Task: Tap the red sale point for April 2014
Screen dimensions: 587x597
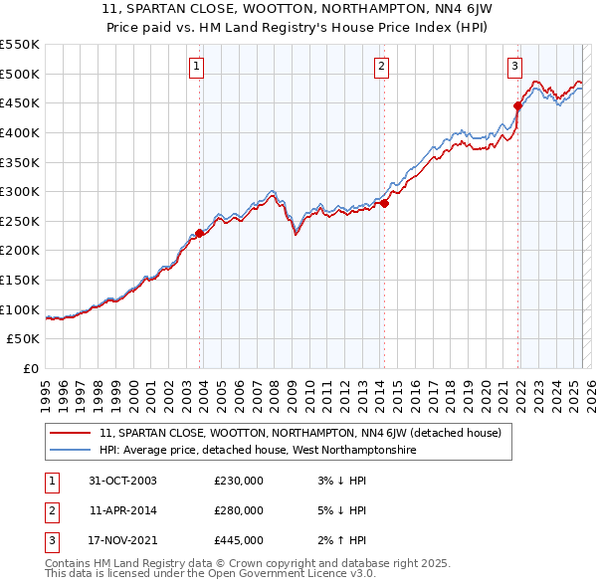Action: [x=384, y=204]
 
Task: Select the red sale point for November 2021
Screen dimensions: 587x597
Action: [x=518, y=105]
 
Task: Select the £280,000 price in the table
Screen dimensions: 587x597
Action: [x=239, y=510]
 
